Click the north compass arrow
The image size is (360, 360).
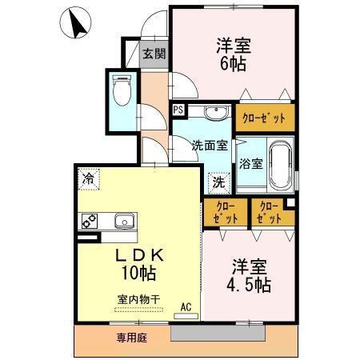pyautogui.click(x=77, y=24)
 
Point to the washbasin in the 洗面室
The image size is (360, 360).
pyautogui.click(x=214, y=114)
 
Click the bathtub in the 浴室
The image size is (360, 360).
pyautogui.click(x=279, y=163)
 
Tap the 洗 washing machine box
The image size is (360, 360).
pyautogui.click(x=218, y=182)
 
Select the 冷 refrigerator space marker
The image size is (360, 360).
pyautogui.click(x=86, y=179)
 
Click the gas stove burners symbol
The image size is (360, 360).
pyautogui.click(x=88, y=222)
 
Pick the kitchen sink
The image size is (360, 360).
pyautogui.click(x=125, y=222)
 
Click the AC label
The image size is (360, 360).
pyautogui.click(x=186, y=306)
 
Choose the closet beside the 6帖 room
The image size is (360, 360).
pyautogui.click(x=263, y=118)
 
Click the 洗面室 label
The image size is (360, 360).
pyautogui.click(x=210, y=146)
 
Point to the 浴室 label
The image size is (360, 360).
pyautogui.click(x=250, y=164)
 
